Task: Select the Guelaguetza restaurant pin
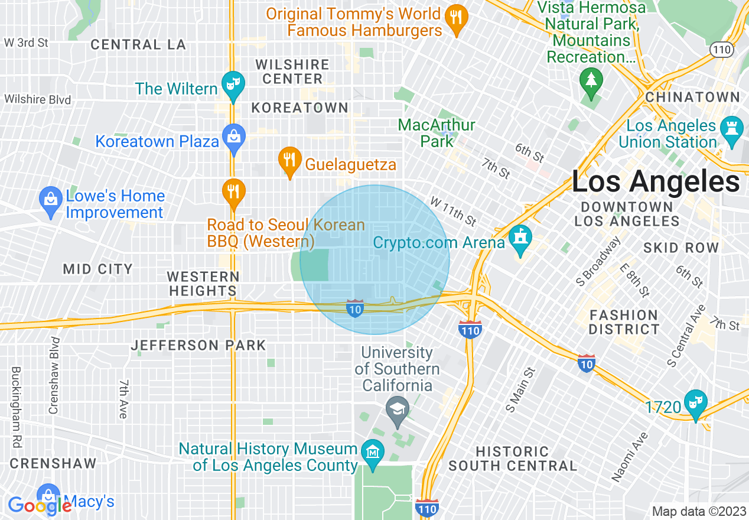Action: coord(289,161)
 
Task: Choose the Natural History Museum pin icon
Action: coord(373,453)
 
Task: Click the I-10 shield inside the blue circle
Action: coord(354,308)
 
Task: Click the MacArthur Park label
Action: coord(437,133)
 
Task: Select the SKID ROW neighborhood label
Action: coord(680,248)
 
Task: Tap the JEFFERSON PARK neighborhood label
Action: coord(198,346)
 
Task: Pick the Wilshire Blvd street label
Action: coord(38,99)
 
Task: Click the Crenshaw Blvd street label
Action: coord(54,376)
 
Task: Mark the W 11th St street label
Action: coord(453,212)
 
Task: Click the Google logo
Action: coord(40,505)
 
